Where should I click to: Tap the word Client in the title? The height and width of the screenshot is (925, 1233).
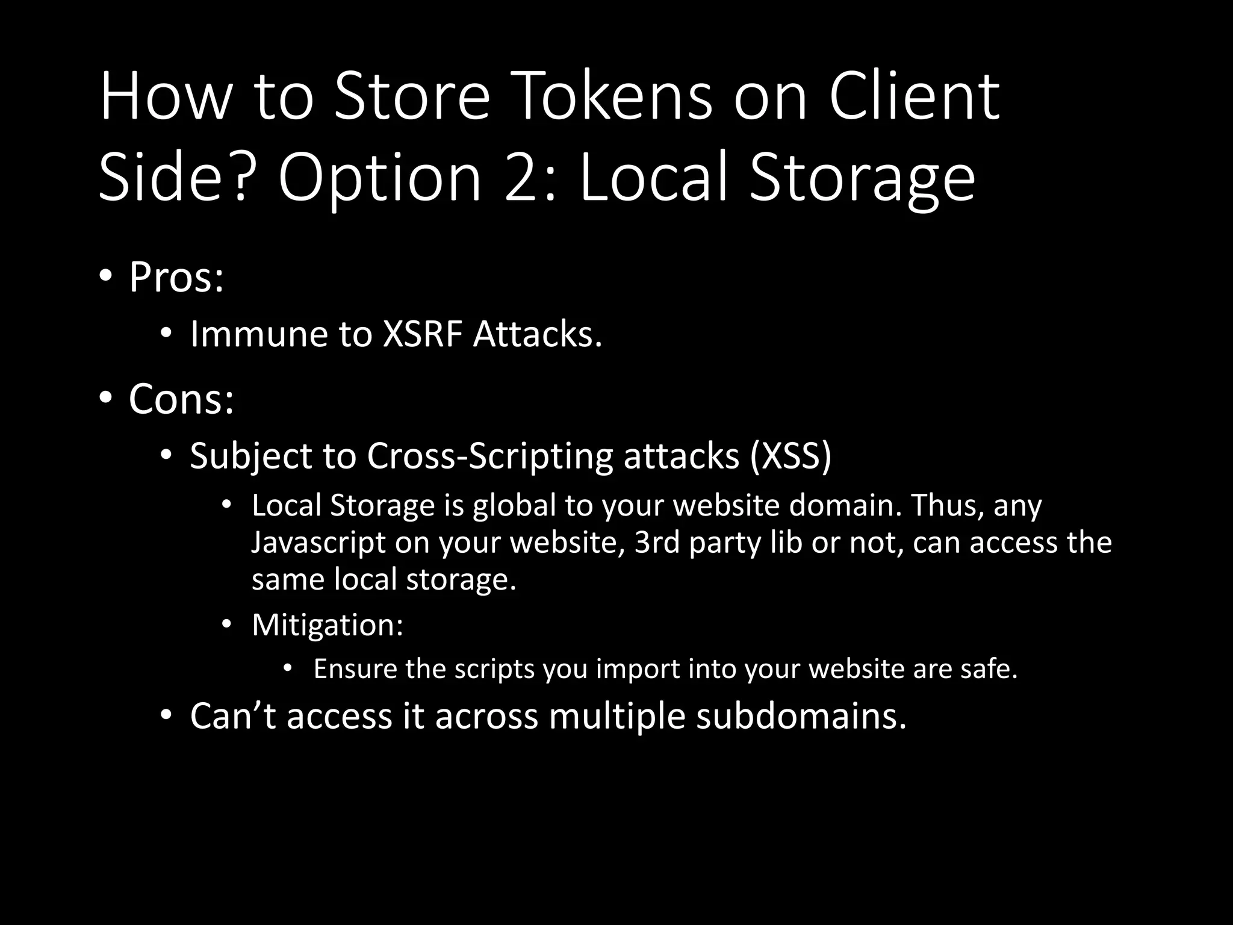click(914, 96)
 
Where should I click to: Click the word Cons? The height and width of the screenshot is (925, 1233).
click(181, 399)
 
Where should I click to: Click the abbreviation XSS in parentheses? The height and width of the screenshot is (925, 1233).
click(790, 456)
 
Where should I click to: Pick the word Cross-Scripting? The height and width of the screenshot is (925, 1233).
click(489, 456)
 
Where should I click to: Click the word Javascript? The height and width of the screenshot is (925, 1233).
click(318, 543)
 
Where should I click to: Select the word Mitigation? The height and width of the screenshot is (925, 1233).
click(327, 625)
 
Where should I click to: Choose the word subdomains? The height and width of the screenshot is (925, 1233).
click(801, 716)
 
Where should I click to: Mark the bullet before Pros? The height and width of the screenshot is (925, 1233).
click(105, 276)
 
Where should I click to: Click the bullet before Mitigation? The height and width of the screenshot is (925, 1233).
click(226, 624)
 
